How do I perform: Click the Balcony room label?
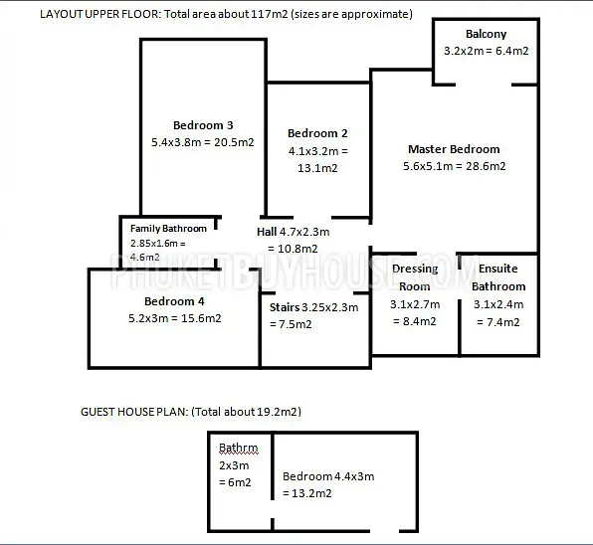tap(486, 34)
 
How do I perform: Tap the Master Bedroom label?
tap(454, 149)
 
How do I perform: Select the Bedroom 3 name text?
tap(203, 125)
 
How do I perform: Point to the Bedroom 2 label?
tap(317, 133)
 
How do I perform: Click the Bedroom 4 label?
tap(174, 301)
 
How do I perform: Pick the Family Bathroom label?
tap(168, 229)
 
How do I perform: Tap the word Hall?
tap(267, 232)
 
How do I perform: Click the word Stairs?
tap(285, 307)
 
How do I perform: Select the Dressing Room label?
tap(415, 277)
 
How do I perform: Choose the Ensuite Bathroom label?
tap(498, 277)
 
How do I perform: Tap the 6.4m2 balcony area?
tap(512, 51)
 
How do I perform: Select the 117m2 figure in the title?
tap(270, 14)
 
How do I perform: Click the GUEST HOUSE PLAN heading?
tap(134, 412)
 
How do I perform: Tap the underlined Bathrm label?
tap(238, 449)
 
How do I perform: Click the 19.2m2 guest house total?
tap(278, 412)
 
